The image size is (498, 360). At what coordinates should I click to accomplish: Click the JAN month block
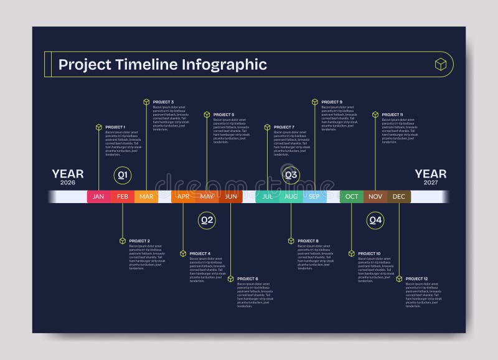[x=98, y=197]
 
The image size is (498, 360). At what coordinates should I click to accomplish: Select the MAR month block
[x=146, y=197]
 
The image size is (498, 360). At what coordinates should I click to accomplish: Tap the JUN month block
[x=231, y=197]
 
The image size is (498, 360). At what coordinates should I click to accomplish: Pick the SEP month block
[x=314, y=197]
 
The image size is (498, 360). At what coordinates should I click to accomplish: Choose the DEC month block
[x=399, y=197]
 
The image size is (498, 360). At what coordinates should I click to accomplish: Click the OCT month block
[x=352, y=197]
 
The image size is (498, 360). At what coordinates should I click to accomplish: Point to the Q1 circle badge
[x=123, y=176]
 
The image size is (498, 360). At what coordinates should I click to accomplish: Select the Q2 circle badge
[x=207, y=220]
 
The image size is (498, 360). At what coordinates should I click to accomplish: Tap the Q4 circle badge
[x=375, y=220]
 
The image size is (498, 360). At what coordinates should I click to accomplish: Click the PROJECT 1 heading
[x=115, y=127]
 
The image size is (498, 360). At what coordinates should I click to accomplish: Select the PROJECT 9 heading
[x=332, y=102]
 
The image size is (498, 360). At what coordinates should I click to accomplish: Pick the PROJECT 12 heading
[x=416, y=278]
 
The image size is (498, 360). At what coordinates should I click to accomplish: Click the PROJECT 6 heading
[x=248, y=278]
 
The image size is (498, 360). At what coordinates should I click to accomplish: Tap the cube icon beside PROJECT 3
[x=146, y=102]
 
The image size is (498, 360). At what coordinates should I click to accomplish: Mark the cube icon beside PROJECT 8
[x=291, y=240]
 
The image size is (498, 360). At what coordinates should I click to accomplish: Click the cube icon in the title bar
[x=441, y=64]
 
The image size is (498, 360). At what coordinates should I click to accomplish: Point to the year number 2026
[x=67, y=182]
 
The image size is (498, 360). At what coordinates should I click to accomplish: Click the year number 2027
[x=430, y=182]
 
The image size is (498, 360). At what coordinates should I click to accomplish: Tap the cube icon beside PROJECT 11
[x=375, y=115]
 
